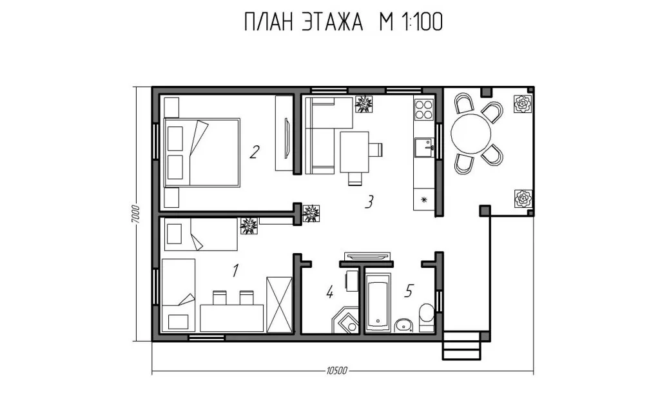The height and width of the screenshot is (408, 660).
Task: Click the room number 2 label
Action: pyautogui.click(x=254, y=152)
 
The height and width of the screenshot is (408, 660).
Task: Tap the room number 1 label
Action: pyautogui.click(x=235, y=270)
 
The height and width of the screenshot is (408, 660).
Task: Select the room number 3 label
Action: pyautogui.click(x=369, y=202)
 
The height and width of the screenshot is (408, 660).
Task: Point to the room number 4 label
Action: pyautogui.click(x=329, y=292)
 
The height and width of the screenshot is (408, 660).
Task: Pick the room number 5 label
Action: pyautogui.click(x=409, y=291)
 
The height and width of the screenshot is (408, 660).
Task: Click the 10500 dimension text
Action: pyautogui.click(x=336, y=371)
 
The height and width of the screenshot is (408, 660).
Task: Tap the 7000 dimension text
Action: pyautogui.click(x=134, y=214)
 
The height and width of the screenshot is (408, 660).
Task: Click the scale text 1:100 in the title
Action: pyautogui.click(x=422, y=22)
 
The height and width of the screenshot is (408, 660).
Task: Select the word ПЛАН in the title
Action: pyautogui.click(x=268, y=22)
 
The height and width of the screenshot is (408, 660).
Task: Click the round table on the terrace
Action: pyautogui.click(x=471, y=134)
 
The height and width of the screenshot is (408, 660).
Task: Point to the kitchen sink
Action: pyautogui.click(x=424, y=148)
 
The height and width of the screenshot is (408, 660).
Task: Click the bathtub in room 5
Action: pyautogui.click(x=378, y=302)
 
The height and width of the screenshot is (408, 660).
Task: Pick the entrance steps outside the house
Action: pyautogui.click(x=461, y=345)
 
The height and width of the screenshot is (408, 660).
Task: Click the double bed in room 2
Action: pyautogui.click(x=202, y=152)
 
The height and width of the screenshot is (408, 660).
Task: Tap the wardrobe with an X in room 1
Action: pyautogui.click(x=280, y=305)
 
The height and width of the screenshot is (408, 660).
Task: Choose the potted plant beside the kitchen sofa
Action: pyautogui.click(x=364, y=104)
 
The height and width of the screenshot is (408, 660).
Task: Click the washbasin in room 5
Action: pyautogui.click(x=405, y=325)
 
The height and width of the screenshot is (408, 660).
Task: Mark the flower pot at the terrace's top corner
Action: pyautogui.click(x=523, y=104)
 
